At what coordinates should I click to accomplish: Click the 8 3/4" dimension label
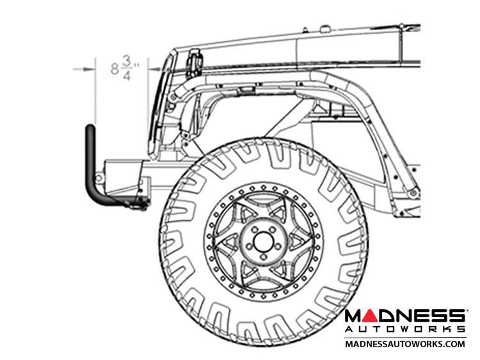click(x=125, y=69)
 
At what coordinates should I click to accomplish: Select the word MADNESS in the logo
click(x=405, y=316)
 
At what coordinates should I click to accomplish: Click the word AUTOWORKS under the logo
click(x=405, y=329)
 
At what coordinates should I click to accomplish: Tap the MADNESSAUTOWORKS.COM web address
click(x=405, y=344)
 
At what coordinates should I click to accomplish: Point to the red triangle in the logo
click(x=371, y=316)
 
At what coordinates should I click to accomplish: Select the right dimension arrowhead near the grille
click(x=155, y=70)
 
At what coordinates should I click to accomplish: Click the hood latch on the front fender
click(x=194, y=63)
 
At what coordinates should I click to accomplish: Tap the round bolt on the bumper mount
click(x=98, y=178)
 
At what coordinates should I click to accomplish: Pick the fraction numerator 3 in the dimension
click(x=127, y=61)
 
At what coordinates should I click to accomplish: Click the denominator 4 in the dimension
click(x=127, y=76)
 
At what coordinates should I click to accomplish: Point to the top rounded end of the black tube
click(x=90, y=127)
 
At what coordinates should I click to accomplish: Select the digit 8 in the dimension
click(x=115, y=69)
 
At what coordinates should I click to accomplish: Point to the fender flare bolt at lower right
click(x=413, y=192)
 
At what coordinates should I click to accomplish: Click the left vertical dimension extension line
click(x=95, y=91)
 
